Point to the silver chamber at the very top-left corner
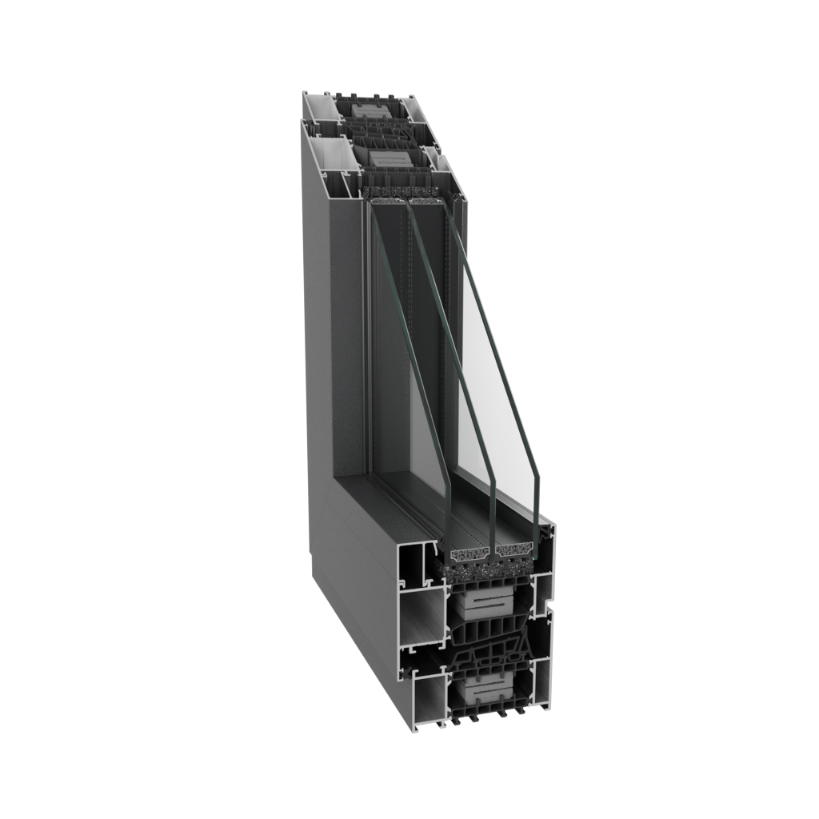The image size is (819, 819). pyautogui.click(x=319, y=106)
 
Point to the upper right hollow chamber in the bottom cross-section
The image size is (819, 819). pyautogui.click(x=544, y=593)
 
